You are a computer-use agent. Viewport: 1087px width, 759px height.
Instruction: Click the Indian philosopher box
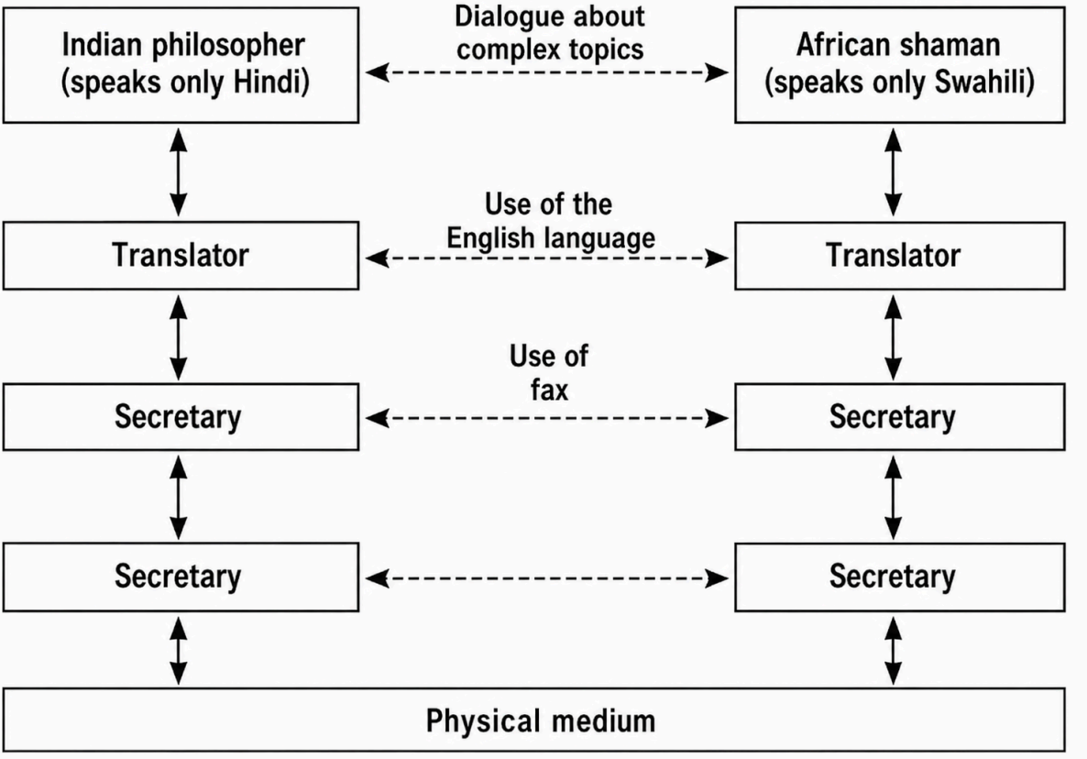tap(181, 65)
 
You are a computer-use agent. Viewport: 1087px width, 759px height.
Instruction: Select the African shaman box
tap(900, 65)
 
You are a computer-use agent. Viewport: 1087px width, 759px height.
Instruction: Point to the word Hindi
tap(271, 82)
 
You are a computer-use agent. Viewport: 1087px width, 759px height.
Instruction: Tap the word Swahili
tap(984, 82)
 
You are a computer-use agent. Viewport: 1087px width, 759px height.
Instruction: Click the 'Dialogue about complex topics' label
tap(550, 33)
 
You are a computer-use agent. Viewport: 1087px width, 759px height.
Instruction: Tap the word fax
tap(549, 390)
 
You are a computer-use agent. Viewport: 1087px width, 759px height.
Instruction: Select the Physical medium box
tap(533, 720)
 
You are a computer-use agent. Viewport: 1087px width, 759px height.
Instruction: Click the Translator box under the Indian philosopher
tap(181, 256)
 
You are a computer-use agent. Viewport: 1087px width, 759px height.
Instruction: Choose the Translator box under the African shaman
tap(900, 256)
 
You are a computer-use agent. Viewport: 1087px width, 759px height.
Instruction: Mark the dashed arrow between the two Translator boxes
tap(547, 258)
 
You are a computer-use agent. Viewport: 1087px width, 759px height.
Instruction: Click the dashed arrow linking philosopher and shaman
tap(547, 72)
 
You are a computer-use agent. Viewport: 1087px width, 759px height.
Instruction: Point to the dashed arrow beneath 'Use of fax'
tap(547, 418)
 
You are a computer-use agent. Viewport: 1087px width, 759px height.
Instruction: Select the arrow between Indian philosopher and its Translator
tap(179, 172)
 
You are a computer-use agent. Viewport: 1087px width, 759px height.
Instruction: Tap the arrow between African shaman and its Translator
tap(894, 172)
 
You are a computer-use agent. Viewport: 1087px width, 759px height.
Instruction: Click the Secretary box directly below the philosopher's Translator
tap(181, 417)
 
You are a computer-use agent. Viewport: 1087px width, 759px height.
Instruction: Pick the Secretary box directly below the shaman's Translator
tap(900, 417)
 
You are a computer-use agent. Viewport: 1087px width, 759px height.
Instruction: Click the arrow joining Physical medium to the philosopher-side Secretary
tap(179, 651)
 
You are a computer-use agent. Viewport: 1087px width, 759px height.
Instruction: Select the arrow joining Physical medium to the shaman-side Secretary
tap(894, 651)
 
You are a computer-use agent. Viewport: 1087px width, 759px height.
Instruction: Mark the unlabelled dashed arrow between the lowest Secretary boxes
tap(547, 578)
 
